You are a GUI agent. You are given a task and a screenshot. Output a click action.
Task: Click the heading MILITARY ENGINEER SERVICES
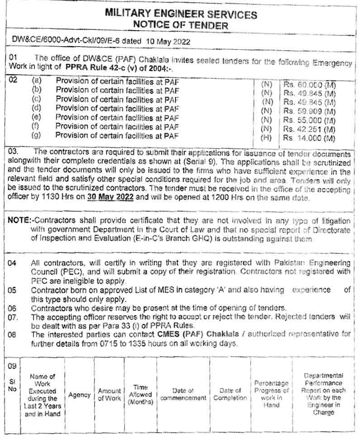point(181,14)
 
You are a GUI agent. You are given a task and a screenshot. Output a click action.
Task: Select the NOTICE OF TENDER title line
point(181,25)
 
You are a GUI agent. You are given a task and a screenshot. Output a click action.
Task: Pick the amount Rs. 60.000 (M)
point(310,84)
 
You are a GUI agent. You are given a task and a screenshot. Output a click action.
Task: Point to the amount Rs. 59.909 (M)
point(310,111)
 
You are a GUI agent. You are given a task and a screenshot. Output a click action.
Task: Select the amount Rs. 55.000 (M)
point(310,120)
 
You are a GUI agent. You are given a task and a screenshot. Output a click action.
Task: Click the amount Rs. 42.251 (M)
point(310,129)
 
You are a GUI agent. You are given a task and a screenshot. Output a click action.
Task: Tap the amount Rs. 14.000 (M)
point(310,138)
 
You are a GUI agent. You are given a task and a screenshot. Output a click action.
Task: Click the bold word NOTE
point(19,221)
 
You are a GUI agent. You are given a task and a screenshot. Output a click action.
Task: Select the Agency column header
point(79,395)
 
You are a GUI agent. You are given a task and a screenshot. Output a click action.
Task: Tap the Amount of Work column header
point(110,395)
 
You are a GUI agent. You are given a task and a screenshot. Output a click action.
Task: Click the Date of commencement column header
point(183,394)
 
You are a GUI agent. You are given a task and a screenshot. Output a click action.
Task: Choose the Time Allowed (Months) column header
point(141,395)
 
